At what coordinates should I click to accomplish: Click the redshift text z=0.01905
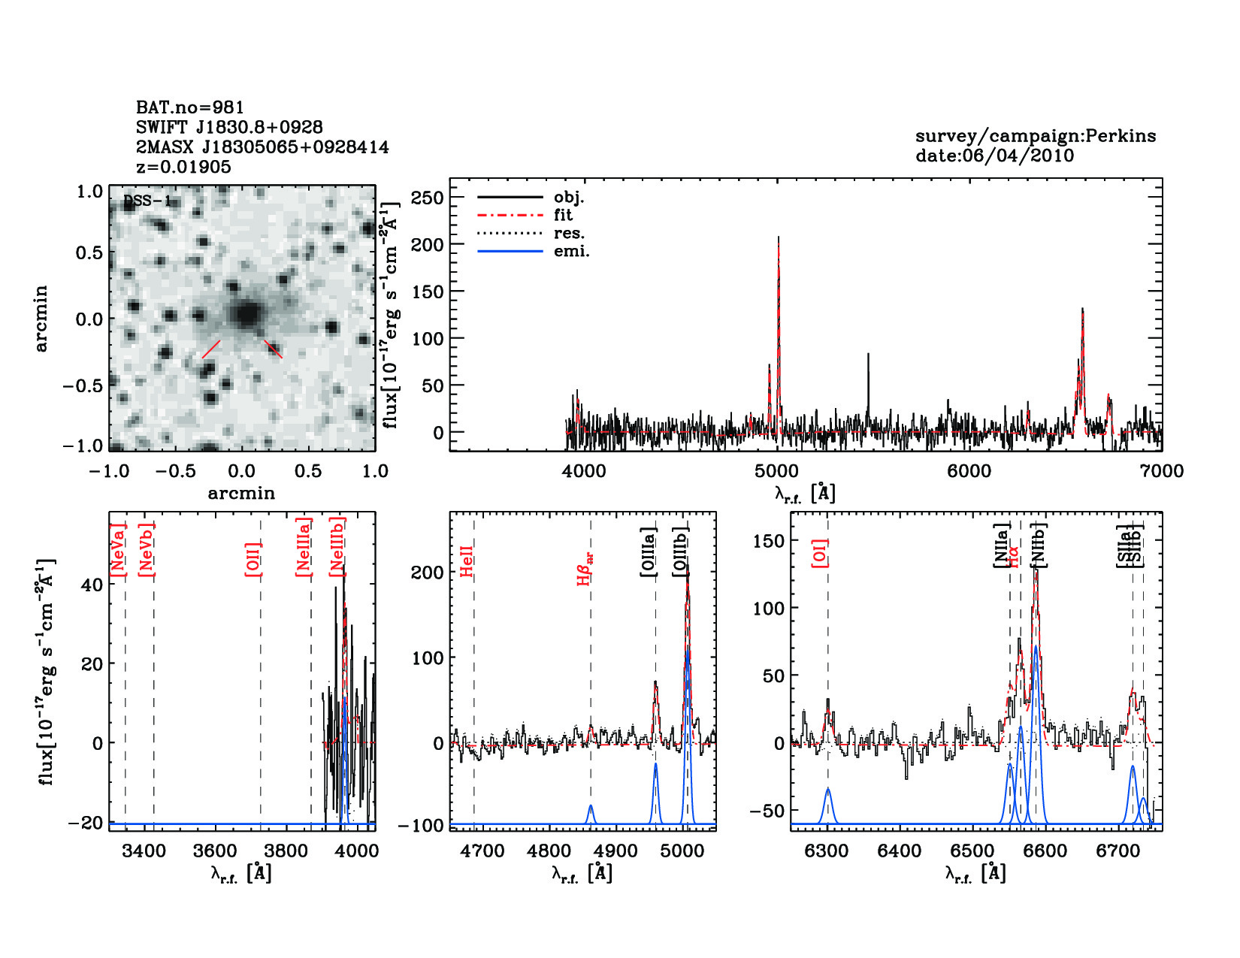(x=183, y=167)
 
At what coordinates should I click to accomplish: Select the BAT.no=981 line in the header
(x=189, y=107)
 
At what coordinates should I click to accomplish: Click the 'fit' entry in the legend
(x=563, y=215)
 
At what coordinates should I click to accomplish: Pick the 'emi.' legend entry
(x=571, y=252)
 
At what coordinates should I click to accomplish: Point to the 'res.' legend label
(x=569, y=233)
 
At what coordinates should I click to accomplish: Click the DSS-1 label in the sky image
(x=147, y=201)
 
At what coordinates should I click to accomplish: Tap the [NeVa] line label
(x=117, y=550)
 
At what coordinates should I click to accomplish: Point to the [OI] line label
(x=820, y=552)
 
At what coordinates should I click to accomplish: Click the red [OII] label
(x=253, y=559)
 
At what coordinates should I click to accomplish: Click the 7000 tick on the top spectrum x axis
(x=1161, y=471)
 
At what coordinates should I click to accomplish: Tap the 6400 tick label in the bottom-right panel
(x=900, y=851)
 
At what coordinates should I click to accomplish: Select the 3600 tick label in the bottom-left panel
(x=215, y=851)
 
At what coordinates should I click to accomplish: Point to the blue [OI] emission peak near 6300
(x=828, y=790)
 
